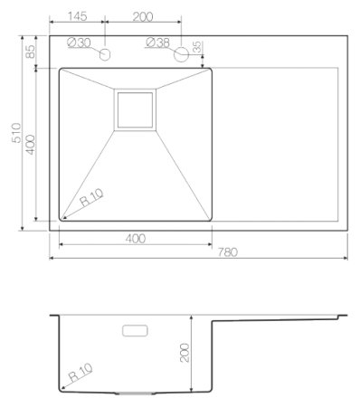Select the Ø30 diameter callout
[x=81, y=43]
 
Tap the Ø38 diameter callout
[x=158, y=43]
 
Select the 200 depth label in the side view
[x=185, y=353]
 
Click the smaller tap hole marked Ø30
[x=105, y=55]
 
